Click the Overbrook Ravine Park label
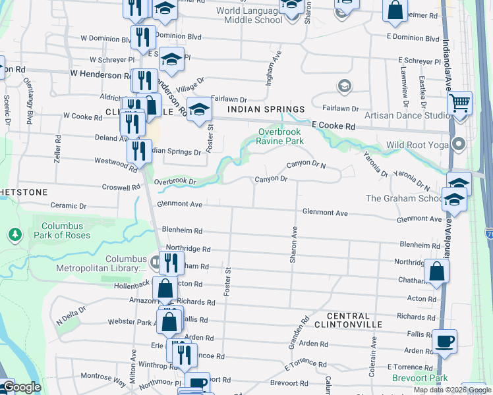[x=281, y=136]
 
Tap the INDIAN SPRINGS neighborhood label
[x=266, y=109]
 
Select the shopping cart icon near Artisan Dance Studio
[x=459, y=103]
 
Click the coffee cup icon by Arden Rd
[x=444, y=342]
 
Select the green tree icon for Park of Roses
[x=14, y=234]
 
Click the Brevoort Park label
[x=420, y=378]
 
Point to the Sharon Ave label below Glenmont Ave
[x=295, y=245]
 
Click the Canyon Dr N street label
[x=306, y=165]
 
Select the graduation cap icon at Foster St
[x=198, y=109]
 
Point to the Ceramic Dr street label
[x=69, y=206]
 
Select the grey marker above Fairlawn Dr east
[x=343, y=86]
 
